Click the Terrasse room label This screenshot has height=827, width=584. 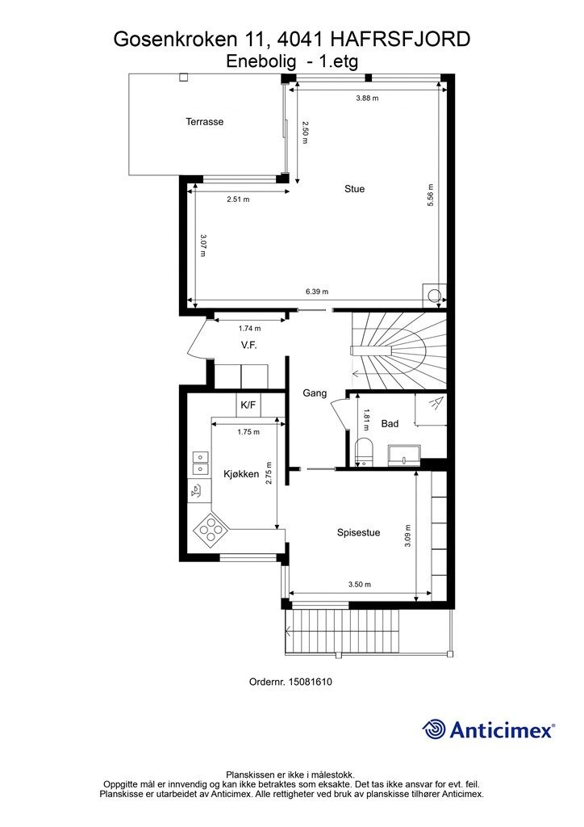tap(204, 122)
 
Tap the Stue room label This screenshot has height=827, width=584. tap(354, 189)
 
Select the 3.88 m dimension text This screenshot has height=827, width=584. tap(367, 98)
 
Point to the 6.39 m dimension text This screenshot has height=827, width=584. tap(317, 292)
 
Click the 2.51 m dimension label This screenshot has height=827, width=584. tap(238, 199)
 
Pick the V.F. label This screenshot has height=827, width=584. tap(249, 346)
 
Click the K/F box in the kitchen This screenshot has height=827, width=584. tap(248, 405)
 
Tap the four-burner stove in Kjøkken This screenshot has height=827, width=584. tap(211, 529)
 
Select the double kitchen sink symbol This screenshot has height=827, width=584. tap(200, 463)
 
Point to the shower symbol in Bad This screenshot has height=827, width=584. tap(431, 409)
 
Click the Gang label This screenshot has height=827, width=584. tap(315, 393)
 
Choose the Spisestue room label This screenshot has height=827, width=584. tap(358, 533)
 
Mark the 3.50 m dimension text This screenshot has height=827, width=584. tap(360, 585)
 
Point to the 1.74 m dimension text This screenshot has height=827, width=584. tap(249, 329)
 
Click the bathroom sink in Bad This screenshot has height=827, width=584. tap(405, 455)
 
